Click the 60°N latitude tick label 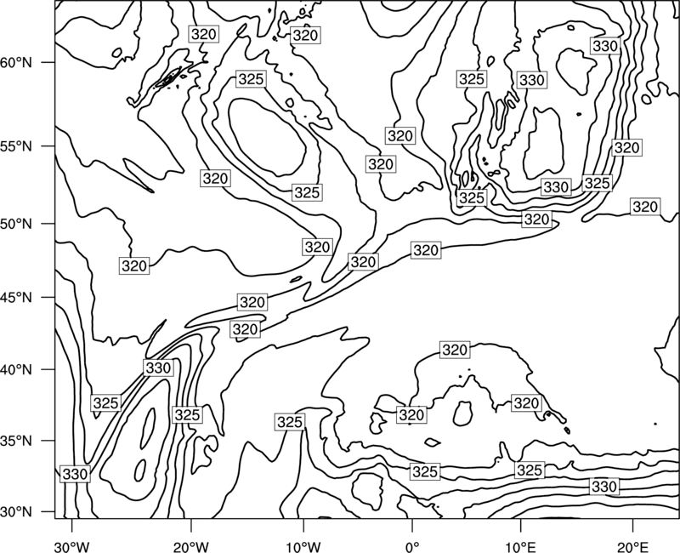(16, 63)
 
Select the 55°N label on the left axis (16, 146)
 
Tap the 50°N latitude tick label (16, 224)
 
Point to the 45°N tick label (16, 297)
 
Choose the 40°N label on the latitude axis (16, 370)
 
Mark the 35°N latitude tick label (16, 441)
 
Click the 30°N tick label (16, 512)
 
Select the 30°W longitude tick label (72, 546)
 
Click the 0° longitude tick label (412, 546)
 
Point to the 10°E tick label (520, 546)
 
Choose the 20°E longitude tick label (632, 546)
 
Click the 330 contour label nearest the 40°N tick (158, 368)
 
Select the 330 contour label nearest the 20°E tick (604, 487)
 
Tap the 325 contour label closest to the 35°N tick (105, 403)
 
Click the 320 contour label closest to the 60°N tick (203, 34)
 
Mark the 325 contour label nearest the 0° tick (425, 471)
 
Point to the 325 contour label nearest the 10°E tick (530, 470)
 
